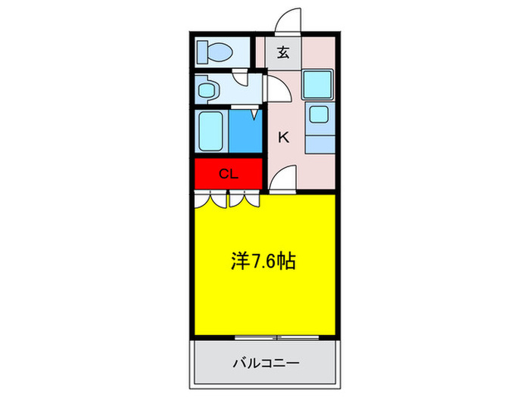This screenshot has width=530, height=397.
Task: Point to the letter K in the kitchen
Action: (x=283, y=137)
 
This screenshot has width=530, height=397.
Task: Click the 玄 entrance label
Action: (x=283, y=53)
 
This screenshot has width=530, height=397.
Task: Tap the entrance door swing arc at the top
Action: (x=288, y=22)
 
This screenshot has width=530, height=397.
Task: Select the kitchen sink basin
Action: (x=318, y=116)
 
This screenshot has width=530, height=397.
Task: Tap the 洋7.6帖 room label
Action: (x=263, y=262)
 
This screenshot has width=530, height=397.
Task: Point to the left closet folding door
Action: (x=210, y=200)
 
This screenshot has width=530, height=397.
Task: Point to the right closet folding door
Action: (x=245, y=200)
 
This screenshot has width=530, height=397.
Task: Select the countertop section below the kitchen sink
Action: (x=320, y=144)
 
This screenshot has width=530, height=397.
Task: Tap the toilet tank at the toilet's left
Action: (x=202, y=52)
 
